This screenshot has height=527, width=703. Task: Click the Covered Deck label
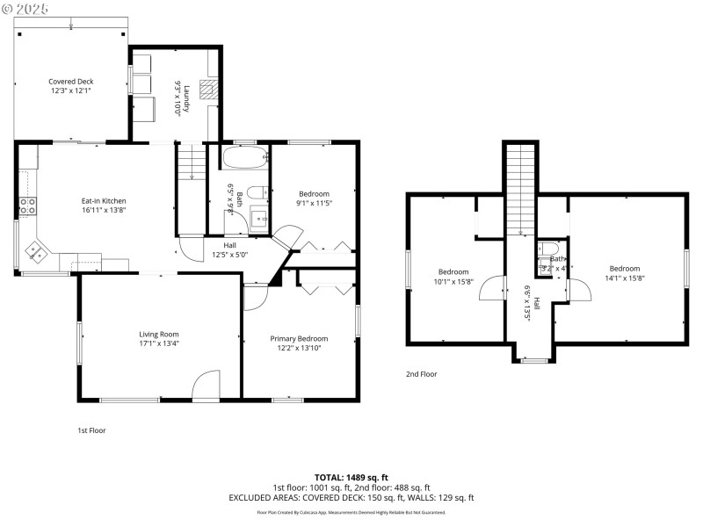[x=70, y=81]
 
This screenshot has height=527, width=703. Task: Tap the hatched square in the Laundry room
[x=207, y=88]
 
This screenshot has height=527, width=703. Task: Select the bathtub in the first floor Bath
[x=243, y=160]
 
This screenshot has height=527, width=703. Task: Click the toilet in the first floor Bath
[x=255, y=193]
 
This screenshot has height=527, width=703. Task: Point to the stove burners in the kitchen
[x=28, y=206]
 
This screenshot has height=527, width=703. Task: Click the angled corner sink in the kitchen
[x=38, y=253]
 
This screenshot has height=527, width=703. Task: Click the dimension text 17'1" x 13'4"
[x=158, y=344]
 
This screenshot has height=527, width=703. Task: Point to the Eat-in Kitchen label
[x=104, y=201]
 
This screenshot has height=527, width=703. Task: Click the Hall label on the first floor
[x=229, y=246]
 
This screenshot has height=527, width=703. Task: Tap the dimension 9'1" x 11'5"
[x=314, y=204]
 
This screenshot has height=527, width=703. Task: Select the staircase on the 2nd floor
[x=520, y=189]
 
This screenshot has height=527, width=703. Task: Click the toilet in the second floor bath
[x=545, y=249]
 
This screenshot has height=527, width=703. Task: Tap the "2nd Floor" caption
[x=421, y=374]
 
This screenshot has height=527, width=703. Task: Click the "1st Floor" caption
[x=92, y=430]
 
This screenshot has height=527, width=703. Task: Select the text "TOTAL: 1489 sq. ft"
[x=351, y=477]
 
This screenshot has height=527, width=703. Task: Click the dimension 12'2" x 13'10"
[x=299, y=349]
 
